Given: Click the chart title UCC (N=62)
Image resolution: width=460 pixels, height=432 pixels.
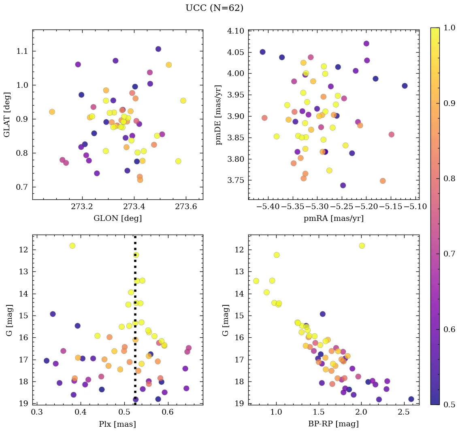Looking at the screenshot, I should point(214,8).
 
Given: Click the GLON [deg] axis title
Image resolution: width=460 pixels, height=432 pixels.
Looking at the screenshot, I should point(117,218).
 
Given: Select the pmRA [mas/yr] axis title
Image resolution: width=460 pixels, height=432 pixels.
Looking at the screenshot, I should point(333,218).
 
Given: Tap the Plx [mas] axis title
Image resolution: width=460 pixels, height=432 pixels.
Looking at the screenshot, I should point(117,424).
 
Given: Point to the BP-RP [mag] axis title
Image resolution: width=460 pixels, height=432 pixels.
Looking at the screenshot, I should point(333,424).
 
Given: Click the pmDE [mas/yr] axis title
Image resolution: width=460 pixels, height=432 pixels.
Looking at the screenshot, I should point(219,114).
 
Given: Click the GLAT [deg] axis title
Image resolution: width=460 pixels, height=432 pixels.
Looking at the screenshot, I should point(7,114).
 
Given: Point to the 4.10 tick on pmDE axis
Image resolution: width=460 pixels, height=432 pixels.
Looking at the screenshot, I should point(236,31).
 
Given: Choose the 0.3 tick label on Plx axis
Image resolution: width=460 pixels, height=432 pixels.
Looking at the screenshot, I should point(37,413).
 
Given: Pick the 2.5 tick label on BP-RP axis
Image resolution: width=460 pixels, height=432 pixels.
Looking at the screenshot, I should point(404,413).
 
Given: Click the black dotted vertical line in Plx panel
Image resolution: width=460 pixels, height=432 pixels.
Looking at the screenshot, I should point(135,324).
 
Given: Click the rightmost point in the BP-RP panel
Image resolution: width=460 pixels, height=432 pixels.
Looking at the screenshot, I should point(411,399).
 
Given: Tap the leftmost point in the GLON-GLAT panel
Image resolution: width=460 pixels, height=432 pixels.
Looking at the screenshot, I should point(52,112).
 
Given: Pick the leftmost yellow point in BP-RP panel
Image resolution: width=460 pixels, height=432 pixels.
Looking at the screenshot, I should point(256,281).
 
